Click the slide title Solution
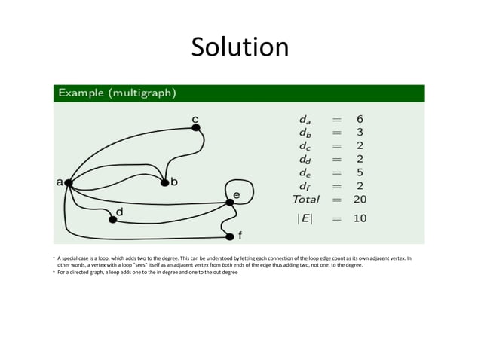click(240, 47)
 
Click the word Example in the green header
click(81, 93)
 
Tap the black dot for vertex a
click(69, 182)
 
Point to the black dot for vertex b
click(164, 182)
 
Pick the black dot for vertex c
click(196, 128)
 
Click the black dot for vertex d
click(113, 220)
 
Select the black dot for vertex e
click(230, 202)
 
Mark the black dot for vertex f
click(230, 236)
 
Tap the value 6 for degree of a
click(360, 119)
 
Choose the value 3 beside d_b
click(360, 133)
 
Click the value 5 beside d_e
click(360, 172)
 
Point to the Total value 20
click(360, 200)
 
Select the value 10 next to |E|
click(360, 218)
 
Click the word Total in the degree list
click(306, 200)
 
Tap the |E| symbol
click(305, 218)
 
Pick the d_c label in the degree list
click(303, 146)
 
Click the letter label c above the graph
click(195, 119)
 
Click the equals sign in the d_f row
click(336, 186)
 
